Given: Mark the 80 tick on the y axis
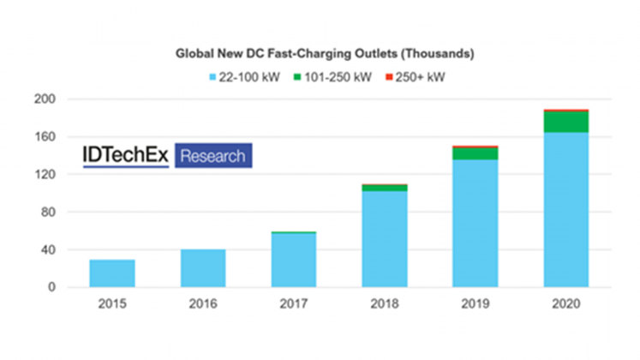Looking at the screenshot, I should point(49,213).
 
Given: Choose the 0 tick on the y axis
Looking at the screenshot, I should point(51,288).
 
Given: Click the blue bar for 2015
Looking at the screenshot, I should point(111,273).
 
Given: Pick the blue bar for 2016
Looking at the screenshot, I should point(203,268).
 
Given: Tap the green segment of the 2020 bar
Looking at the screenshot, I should point(566,122).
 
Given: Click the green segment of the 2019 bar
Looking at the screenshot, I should point(476,154).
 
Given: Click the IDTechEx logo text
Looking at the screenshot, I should point(127,156).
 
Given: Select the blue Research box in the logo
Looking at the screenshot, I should point(212,156).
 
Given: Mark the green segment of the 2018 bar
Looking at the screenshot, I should point(385,188).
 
